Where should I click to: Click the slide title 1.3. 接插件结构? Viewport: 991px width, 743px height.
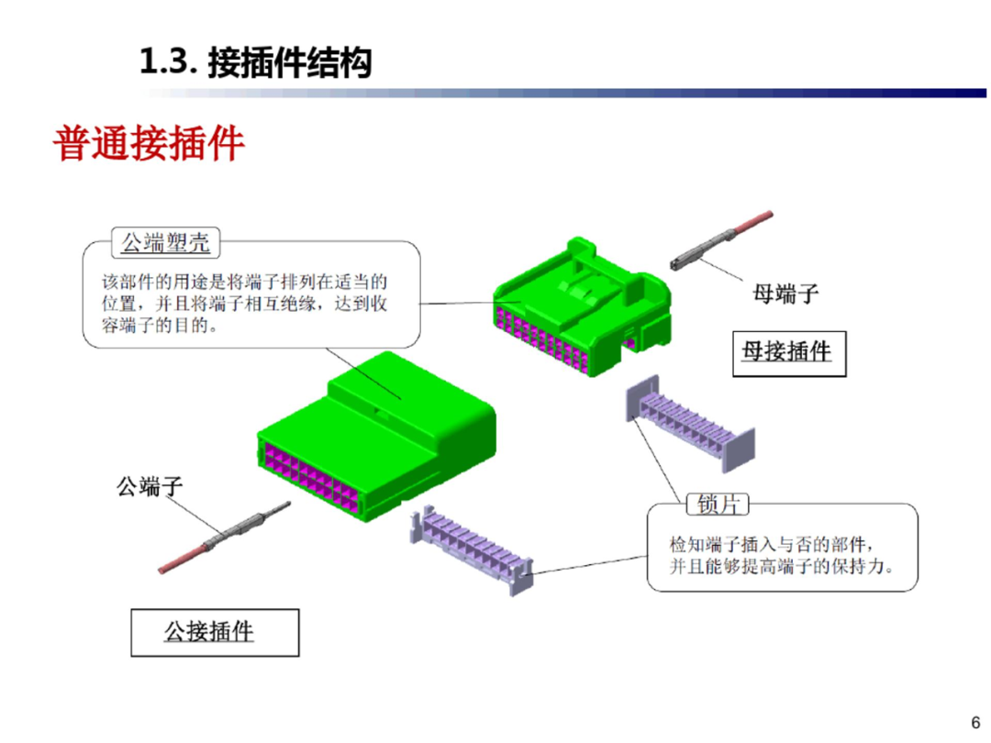[x=255, y=62]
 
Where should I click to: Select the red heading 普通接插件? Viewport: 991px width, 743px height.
[x=149, y=144]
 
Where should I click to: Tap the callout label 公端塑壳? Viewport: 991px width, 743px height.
[x=166, y=243]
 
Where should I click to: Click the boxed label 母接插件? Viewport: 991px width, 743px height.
[x=786, y=351]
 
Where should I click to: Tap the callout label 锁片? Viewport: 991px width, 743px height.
[x=717, y=505]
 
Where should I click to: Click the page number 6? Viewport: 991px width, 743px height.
[x=975, y=719]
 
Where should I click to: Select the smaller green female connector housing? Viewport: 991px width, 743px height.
[x=578, y=294]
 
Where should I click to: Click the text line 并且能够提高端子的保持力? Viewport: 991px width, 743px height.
[x=779, y=568]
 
